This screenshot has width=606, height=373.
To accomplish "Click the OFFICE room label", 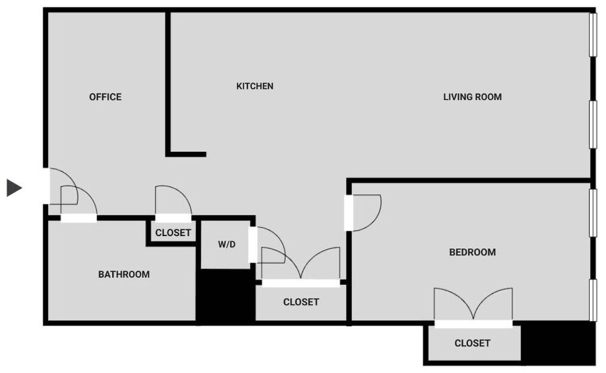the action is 105,97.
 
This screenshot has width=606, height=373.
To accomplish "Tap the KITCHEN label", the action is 255,86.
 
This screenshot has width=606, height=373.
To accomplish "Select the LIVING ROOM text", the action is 472,97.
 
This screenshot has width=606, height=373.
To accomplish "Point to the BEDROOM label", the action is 472,252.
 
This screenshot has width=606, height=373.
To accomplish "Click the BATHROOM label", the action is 124,274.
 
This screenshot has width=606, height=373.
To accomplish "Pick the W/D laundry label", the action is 227,244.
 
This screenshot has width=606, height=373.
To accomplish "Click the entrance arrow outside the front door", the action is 14,188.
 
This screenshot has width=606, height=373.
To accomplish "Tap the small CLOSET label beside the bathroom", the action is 173,233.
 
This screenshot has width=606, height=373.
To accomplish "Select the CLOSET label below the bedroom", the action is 472,343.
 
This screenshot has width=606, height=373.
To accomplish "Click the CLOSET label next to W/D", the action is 301,302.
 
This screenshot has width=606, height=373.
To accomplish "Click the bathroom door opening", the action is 79,219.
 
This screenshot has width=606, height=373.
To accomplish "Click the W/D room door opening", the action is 252,244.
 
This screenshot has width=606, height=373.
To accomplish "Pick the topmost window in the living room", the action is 592,35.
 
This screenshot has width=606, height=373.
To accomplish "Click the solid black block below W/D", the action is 227,296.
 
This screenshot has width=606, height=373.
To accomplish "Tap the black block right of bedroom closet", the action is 558,343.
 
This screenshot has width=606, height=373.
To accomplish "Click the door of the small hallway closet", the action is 173,218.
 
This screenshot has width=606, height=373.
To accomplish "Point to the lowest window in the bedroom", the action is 592,300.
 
